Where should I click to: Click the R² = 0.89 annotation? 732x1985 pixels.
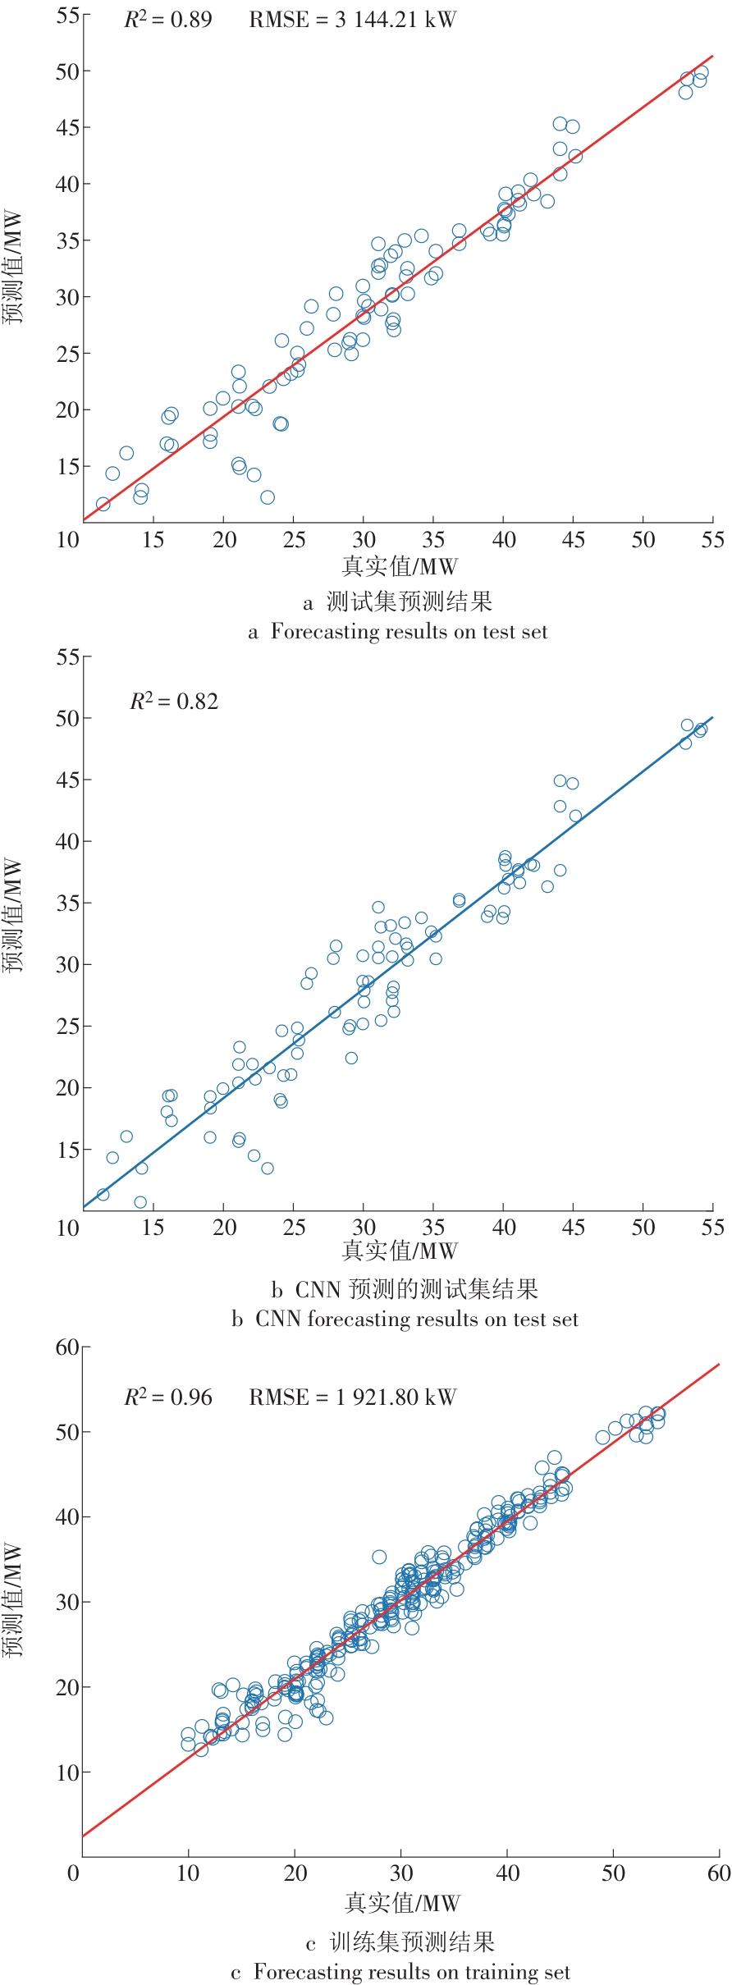167,20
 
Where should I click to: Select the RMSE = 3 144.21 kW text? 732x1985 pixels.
352,20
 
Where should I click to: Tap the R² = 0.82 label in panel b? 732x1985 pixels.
174,701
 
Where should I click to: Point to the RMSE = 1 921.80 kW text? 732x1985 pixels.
352,1397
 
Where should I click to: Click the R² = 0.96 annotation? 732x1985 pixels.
167,1397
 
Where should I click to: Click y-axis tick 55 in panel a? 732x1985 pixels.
67,15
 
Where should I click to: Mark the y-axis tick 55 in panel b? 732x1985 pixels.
67,656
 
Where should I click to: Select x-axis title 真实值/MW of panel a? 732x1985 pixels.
399,566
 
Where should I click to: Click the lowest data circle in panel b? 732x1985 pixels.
140,1202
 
